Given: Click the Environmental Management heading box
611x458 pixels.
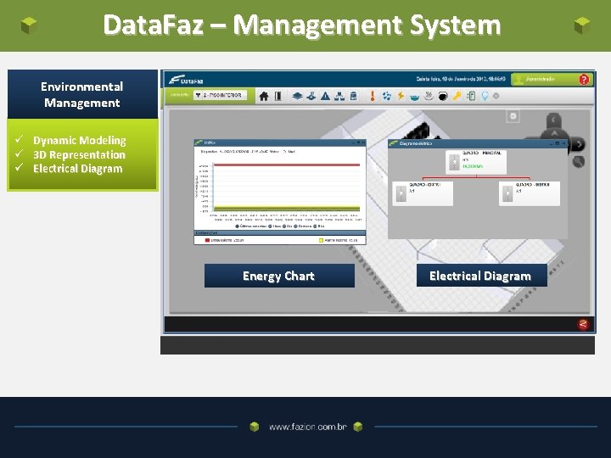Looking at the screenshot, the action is [x=82, y=94].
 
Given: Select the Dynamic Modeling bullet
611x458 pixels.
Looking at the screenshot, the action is [x=79, y=140].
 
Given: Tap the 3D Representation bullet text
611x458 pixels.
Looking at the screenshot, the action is [x=79, y=154].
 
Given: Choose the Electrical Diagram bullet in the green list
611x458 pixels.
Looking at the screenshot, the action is [x=77, y=168].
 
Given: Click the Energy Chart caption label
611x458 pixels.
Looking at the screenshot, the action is [x=278, y=276].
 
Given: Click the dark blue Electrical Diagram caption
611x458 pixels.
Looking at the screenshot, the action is [x=480, y=276].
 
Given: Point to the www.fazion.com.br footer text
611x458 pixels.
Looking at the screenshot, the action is [x=307, y=427].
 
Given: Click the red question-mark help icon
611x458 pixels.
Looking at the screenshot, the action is [x=584, y=80].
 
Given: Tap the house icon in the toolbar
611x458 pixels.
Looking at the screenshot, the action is [x=264, y=96].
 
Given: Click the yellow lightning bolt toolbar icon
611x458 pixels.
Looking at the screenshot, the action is [x=400, y=96].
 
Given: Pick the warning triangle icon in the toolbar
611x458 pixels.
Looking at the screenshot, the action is [x=325, y=96].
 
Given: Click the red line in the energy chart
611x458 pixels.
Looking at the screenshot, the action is [x=280, y=164].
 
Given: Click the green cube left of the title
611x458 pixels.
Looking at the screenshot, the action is [x=29, y=25].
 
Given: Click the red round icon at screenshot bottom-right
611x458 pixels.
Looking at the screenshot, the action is [x=583, y=324].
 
